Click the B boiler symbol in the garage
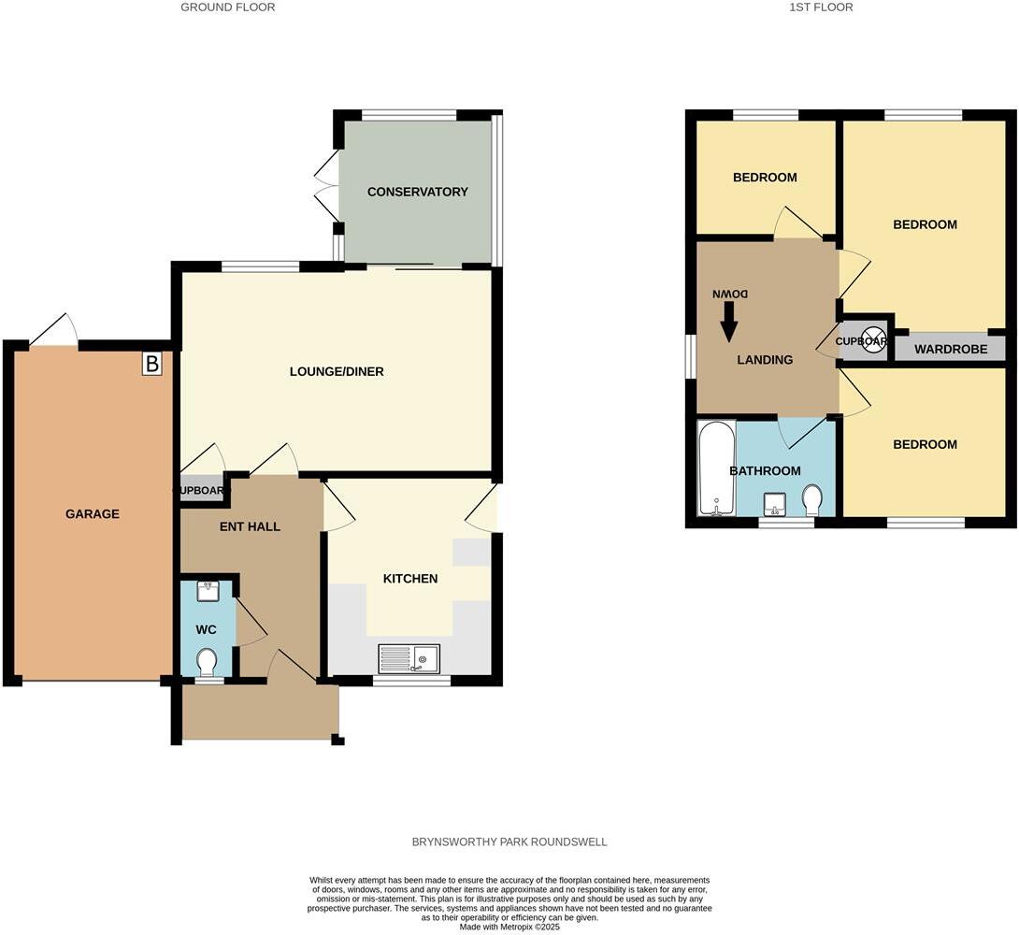pyautogui.click(x=152, y=363)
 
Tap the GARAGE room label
pyautogui.click(x=93, y=513)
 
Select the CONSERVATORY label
pyautogui.click(x=417, y=192)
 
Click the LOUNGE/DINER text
pyautogui.click(x=337, y=371)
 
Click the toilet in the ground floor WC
pyautogui.click(x=207, y=662)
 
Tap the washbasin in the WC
pyautogui.click(x=207, y=591)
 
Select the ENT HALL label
pyautogui.click(x=250, y=526)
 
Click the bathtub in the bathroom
pyautogui.click(x=717, y=467)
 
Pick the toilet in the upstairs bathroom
pyautogui.click(x=812, y=499)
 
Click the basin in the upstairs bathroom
pyautogui.click(x=775, y=505)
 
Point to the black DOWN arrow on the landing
pyautogui.click(x=729, y=324)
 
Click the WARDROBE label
pyautogui.click(x=950, y=350)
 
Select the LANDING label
pyautogui.click(x=765, y=359)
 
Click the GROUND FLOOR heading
pyautogui.click(x=228, y=7)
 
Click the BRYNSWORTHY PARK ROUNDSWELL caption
pyautogui.click(x=509, y=841)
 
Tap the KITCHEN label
pyautogui.click(x=410, y=579)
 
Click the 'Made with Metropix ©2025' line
pyautogui.click(x=509, y=927)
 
